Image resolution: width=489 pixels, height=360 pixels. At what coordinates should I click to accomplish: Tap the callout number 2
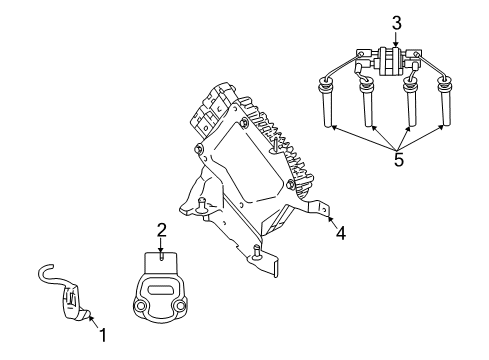point(160,232)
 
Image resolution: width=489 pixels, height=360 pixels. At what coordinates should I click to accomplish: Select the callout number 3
point(396,21)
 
